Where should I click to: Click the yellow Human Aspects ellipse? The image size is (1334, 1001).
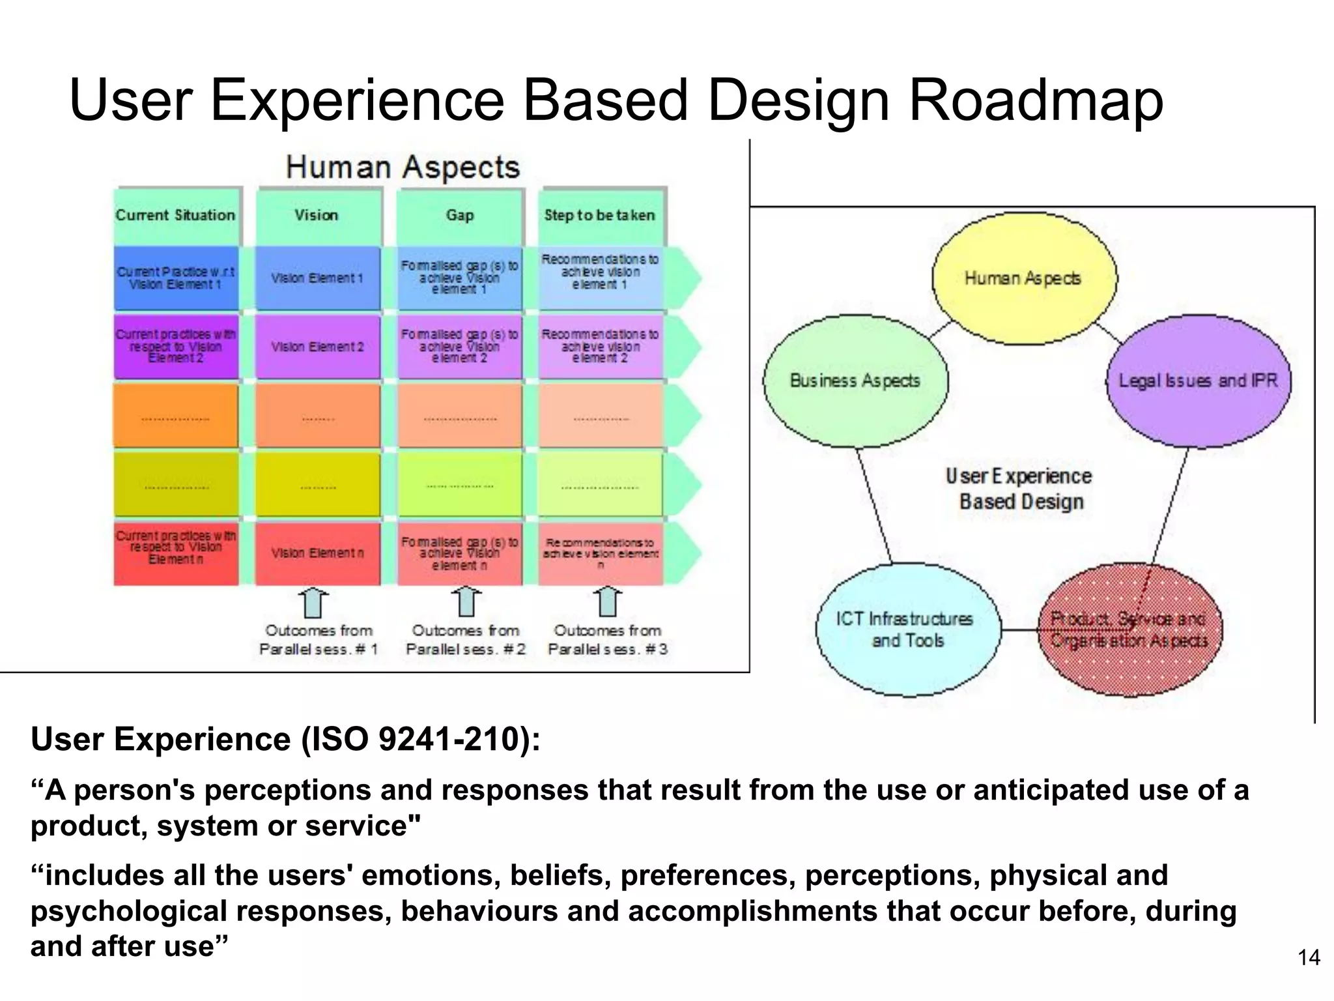[x=1023, y=278]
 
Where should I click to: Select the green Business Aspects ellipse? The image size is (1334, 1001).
[x=855, y=381]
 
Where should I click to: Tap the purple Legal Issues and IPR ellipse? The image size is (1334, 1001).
[x=1199, y=381]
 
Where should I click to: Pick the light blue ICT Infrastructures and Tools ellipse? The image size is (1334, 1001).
[x=907, y=630]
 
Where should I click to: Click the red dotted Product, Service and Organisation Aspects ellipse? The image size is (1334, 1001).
[x=1130, y=630]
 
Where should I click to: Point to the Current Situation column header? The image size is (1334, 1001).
[x=176, y=215]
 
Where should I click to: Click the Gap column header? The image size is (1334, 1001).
[x=460, y=215]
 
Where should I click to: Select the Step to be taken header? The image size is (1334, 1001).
[x=600, y=215]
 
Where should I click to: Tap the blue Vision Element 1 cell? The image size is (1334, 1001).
[x=317, y=278]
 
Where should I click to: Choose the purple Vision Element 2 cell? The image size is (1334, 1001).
[x=317, y=347]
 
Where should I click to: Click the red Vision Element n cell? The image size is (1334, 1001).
[x=317, y=553]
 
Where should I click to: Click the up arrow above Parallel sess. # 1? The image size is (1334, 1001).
[x=314, y=602]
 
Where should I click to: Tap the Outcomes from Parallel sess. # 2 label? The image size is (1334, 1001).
[x=466, y=640]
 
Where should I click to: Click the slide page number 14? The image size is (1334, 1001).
[x=1309, y=957]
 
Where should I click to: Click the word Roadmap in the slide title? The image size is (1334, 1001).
[x=1036, y=101]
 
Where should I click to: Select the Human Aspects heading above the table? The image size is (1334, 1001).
[x=403, y=167]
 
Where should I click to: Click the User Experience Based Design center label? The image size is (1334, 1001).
[x=1020, y=489]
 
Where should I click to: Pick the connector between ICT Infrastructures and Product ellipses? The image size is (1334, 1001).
[x=1019, y=630]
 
